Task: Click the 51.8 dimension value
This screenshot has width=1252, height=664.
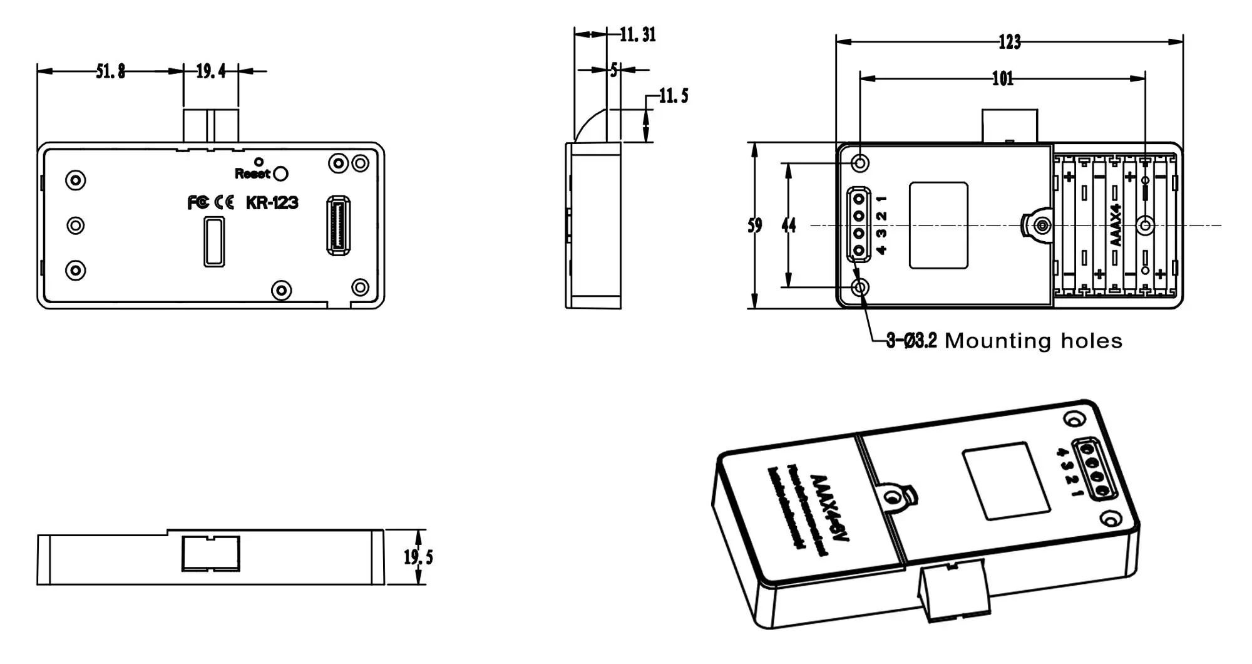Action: coord(110,71)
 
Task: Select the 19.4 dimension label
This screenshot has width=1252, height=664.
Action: coord(211,71)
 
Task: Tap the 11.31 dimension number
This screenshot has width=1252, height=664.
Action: coord(638,34)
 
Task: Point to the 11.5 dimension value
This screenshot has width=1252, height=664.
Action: coord(674,96)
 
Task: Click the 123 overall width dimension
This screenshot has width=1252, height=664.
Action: coord(1009,42)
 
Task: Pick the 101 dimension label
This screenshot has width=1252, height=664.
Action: coord(1002,78)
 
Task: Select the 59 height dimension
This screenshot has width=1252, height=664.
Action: coord(755,226)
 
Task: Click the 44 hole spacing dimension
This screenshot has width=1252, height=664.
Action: coord(789,226)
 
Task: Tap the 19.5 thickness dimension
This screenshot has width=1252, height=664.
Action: coord(418,557)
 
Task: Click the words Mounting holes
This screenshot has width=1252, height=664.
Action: coord(1033,341)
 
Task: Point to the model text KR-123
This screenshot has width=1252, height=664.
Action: coord(272,202)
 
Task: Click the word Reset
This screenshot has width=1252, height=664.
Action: coord(252,174)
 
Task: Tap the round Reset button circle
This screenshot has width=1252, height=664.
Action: coord(281,174)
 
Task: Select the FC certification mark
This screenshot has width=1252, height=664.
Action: coord(198,202)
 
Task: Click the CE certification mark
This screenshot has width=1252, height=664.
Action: coord(224,202)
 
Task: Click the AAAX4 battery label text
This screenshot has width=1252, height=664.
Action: coord(1115,225)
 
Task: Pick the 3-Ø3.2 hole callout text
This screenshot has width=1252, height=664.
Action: coord(911,341)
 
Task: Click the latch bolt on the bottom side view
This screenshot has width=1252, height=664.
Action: coord(211,554)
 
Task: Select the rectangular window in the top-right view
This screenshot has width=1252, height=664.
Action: coord(938,226)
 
